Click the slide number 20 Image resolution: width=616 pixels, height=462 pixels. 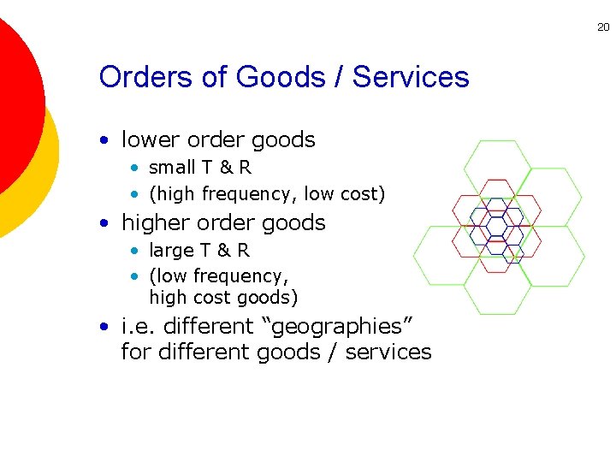[x=603, y=27]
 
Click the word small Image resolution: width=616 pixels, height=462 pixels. [x=171, y=168]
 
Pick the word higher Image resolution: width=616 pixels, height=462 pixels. [x=155, y=222]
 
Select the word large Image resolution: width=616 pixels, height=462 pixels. [x=171, y=251]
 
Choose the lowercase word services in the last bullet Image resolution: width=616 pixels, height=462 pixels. [x=389, y=352]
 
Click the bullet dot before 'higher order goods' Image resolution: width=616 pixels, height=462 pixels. [x=104, y=223]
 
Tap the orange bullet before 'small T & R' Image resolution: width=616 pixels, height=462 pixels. [x=135, y=169]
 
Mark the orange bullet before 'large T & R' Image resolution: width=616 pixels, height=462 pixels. [x=135, y=252]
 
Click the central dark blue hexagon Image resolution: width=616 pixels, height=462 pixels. [x=497, y=228]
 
